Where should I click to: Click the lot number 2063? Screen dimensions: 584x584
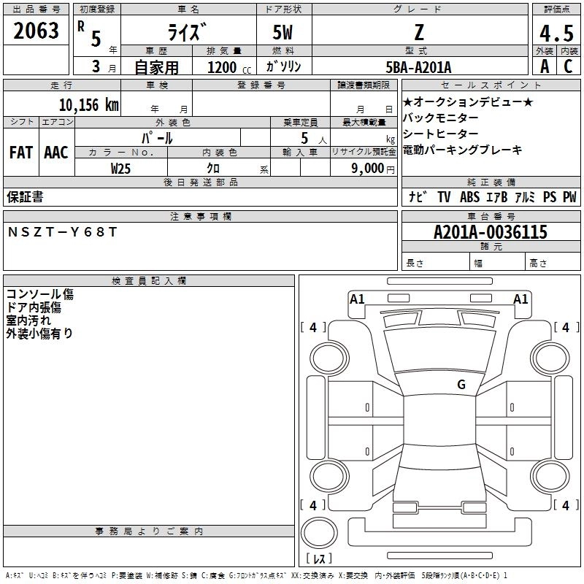[x=36, y=31]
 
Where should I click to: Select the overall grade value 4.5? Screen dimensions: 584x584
[x=555, y=33]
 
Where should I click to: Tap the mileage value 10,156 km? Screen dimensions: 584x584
[x=88, y=105]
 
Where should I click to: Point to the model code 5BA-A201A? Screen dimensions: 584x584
[x=418, y=67]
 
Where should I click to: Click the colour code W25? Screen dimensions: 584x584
[x=121, y=168]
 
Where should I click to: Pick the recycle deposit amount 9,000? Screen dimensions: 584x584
[x=366, y=168]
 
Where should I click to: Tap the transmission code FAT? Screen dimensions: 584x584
[x=20, y=153]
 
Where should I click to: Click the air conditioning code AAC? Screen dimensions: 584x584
[x=56, y=153]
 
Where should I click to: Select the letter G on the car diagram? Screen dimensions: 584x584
[x=461, y=385]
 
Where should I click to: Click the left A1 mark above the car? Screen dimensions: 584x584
[x=357, y=299]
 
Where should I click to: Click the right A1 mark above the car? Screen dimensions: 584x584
[x=520, y=299]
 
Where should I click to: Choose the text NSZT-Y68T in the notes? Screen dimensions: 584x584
[x=62, y=232]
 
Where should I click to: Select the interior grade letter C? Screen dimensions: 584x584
[x=568, y=66]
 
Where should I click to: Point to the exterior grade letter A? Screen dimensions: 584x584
[x=544, y=66]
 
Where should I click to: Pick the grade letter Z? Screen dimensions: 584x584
[x=418, y=33]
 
